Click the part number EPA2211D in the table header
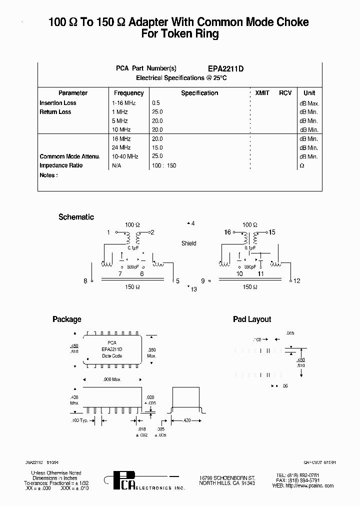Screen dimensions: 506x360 coord(225,69)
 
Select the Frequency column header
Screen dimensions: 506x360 coord(128,93)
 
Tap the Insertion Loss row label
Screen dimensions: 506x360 coord(58,103)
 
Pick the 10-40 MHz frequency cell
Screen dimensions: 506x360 coord(125,156)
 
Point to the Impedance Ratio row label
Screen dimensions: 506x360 coord(61,165)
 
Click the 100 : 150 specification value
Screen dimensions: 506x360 coord(164,165)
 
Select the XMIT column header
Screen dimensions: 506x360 coord(262,93)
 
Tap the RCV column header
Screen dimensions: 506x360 coord(285,93)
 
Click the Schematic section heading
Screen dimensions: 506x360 coord(76,217)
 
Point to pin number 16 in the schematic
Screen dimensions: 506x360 coord(227,232)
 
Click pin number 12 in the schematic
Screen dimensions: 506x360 coord(297,281)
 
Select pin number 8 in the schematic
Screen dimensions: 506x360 coord(85,281)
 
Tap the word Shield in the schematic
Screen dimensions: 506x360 coord(189,243)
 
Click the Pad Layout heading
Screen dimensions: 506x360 coord(252,319)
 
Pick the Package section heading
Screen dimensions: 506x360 coord(66,319)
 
